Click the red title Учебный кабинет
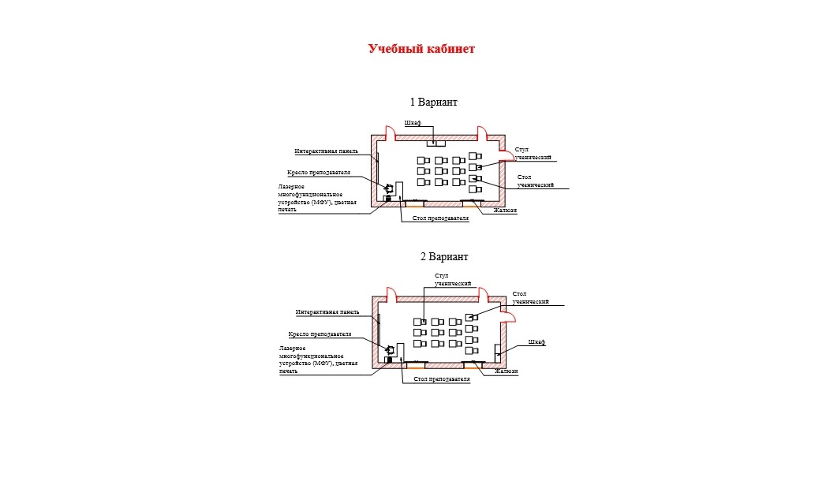pos(421,49)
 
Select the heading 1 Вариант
pos(433,103)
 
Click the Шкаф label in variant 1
pos(413,124)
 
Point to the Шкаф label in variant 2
pos(537,342)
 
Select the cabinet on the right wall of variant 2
pos(497,352)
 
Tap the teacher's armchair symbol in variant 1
pos(390,188)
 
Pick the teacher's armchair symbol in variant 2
pos(390,349)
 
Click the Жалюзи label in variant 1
pos(505,211)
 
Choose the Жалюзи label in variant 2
pos(506,371)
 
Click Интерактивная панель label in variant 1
pos(326,151)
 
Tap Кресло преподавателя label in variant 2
pos(320,334)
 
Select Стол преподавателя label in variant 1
pos(440,218)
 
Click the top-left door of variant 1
pos(387,132)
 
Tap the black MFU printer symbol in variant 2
pos(388,360)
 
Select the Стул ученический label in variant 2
pos(453,279)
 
